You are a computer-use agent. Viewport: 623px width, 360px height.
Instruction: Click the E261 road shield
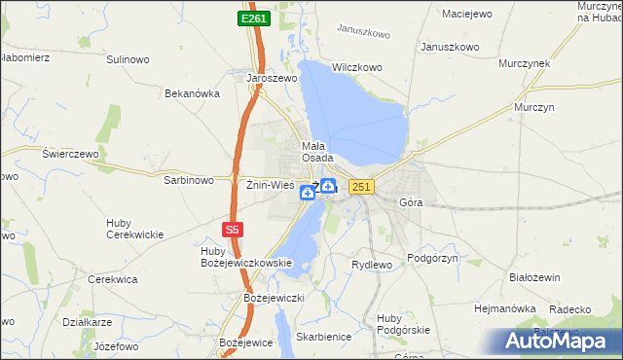[253, 18]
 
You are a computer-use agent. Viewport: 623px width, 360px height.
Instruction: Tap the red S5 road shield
[231, 230]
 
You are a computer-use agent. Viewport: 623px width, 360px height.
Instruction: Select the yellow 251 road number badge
[360, 187]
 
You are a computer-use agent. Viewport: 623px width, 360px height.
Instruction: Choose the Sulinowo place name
[128, 59]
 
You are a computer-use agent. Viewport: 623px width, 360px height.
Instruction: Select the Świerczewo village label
[71, 154]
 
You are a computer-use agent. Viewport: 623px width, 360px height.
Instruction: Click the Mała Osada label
[317, 151]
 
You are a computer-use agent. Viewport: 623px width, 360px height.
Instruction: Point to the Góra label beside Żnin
[412, 202]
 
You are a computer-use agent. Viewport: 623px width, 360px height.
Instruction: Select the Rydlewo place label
[371, 265]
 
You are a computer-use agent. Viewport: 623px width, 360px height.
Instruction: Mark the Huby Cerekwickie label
[134, 229]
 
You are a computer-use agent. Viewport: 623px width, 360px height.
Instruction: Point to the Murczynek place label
[525, 62]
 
